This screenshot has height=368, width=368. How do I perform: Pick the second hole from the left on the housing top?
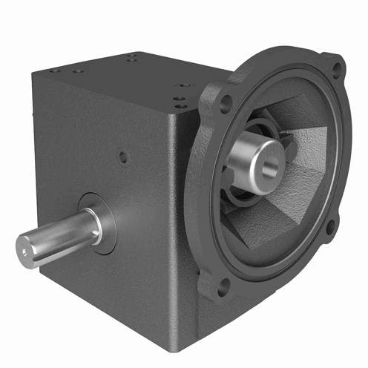(77, 71)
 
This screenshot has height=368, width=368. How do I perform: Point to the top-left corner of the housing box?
(34, 73)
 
